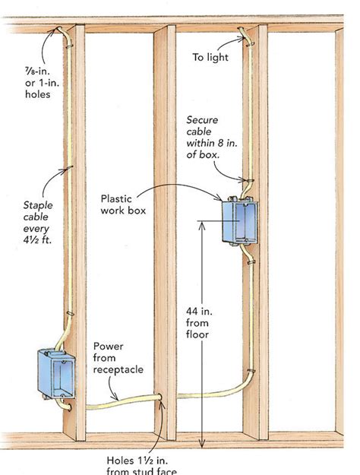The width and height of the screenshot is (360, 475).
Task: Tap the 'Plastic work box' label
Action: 123,204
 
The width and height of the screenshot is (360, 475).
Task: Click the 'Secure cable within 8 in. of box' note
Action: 204,138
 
